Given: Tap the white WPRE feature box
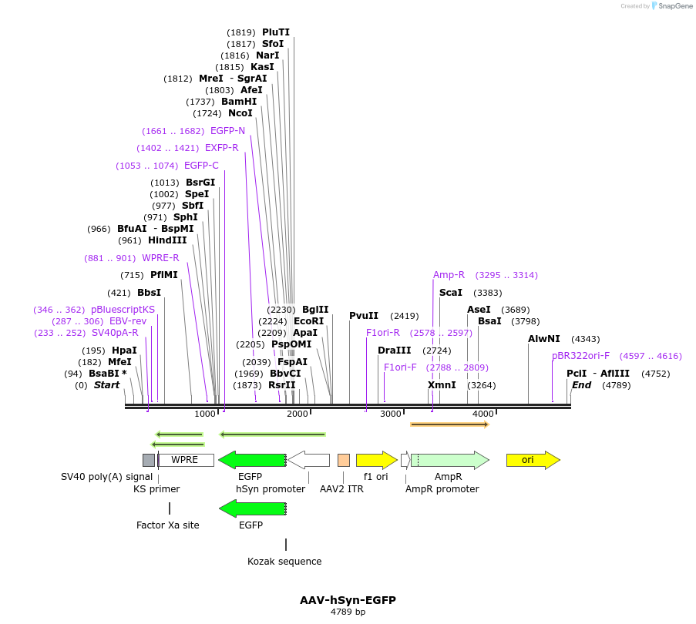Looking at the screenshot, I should coord(185,460).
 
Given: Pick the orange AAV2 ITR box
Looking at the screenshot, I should coord(344,460).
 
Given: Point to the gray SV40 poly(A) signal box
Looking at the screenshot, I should coord(149,460).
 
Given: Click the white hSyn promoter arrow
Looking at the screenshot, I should coord(309,460).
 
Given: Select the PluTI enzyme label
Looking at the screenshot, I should coord(276,32).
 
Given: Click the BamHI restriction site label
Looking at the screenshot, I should coord(239,102).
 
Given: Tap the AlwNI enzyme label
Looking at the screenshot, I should coord(544,339).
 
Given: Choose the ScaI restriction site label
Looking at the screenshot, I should coord(451,293).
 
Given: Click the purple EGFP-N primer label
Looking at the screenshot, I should coord(227,131).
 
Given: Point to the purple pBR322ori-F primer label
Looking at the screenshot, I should coord(580,356).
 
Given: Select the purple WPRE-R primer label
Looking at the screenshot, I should coord(160,258).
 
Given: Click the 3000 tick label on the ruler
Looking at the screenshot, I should coord(391,414).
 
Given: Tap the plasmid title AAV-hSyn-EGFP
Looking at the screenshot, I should coord(348,600).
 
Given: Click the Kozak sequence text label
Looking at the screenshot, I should coord(284,562).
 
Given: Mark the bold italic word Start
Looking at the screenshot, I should coord(107,385).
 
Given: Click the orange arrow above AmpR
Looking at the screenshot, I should coord(449,424).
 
